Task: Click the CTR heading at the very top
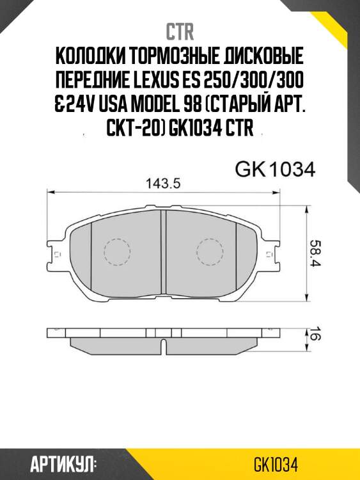click(x=180, y=32)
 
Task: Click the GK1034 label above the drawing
click(x=276, y=170)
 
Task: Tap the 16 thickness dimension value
click(x=315, y=334)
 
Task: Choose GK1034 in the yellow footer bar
click(x=276, y=463)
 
